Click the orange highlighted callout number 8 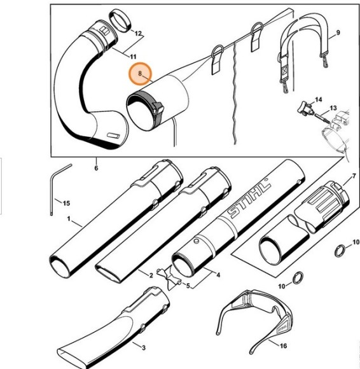click(139, 75)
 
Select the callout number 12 click(138, 32)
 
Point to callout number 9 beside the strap click(338, 32)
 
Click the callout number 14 click(318, 100)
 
